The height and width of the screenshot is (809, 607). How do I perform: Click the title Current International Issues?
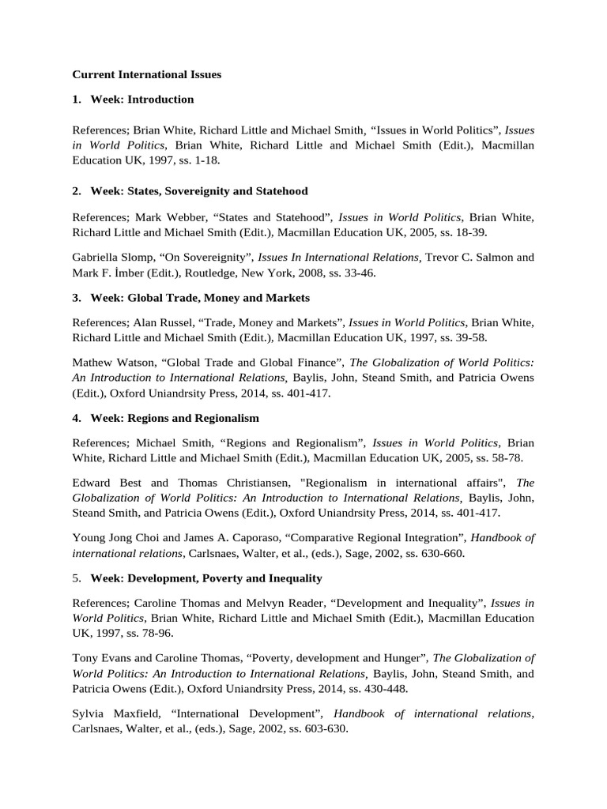coord(147,74)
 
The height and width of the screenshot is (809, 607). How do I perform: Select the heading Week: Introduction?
coord(141,100)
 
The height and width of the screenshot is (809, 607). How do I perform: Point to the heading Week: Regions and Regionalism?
coord(175,418)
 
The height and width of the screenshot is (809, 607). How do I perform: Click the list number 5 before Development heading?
coord(75,579)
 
